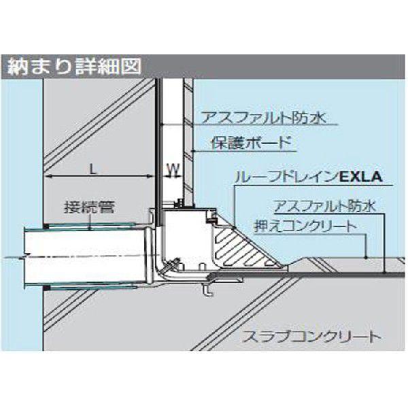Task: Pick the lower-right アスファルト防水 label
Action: pyautogui.click(x=325, y=205)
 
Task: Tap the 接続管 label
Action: pyautogui.click(x=90, y=207)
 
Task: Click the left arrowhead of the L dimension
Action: pyautogui.click(x=48, y=177)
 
